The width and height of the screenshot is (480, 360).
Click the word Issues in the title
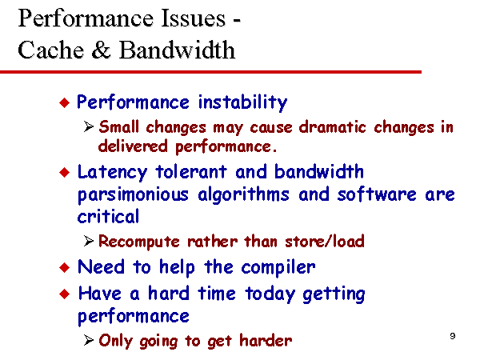193,18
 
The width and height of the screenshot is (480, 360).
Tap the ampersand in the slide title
102,50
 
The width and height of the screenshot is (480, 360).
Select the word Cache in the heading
51,50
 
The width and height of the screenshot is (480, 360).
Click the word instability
242,102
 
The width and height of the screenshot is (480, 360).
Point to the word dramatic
332,126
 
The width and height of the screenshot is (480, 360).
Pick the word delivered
133,146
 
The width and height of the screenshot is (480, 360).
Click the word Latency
112,173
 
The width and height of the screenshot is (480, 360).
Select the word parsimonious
133,195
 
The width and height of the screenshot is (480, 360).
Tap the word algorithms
243,195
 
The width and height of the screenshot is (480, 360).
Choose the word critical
108,216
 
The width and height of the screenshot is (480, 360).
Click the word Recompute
139,242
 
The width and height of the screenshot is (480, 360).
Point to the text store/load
325,242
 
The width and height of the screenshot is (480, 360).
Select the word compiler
278,268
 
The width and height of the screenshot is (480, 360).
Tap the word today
270,294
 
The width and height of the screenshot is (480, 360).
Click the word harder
266,341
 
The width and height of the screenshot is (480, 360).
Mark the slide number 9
453,336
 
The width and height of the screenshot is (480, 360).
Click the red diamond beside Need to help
64,267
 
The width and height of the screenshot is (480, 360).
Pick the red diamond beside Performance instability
64,102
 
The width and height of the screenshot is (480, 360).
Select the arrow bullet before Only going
89,340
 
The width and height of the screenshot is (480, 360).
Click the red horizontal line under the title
210,72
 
